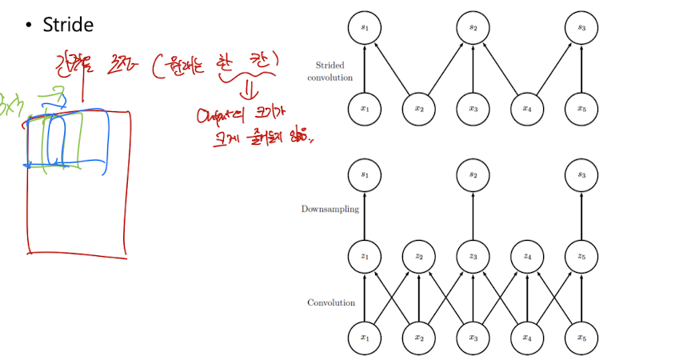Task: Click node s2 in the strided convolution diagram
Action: coord(473,28)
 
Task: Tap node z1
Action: coord(365,256)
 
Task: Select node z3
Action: coord(473,256)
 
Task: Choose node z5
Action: coord(581,256)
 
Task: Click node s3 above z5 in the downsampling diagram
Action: coord(581,173)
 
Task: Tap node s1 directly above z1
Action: coord(365,173)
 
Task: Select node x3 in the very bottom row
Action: coord(473,338)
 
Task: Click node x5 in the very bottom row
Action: coord(581,338)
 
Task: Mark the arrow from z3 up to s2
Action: coord(473,214)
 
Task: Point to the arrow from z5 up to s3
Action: coord(581,214)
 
